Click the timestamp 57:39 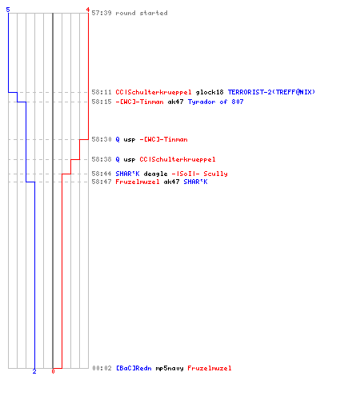(x=102, y=13)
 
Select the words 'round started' (x=142, y=13)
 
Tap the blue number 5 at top (x=8, y=10)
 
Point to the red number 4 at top (x=87, y=10)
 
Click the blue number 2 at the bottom (x=34, y=371)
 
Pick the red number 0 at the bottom (x=53, y=371)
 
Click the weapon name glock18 (x=210, y=92)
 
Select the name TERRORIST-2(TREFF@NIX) (x=271, y=92)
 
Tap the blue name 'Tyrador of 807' (x=215, y=102)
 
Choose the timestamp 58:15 (x=102, y=102)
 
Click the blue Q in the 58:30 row (x=118, y=139)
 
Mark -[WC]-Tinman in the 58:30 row (x=163, y=139)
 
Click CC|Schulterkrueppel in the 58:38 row (x=178, y=159)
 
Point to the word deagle (x=155, y=174)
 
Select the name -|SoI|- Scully (x=199, y=174)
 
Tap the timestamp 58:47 (x=102, y=182)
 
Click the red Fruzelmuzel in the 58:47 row (x=138, y=182)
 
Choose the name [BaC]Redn (x=134, y=368)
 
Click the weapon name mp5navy (x=170, y=368)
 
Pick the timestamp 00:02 (x=102, y=368)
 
